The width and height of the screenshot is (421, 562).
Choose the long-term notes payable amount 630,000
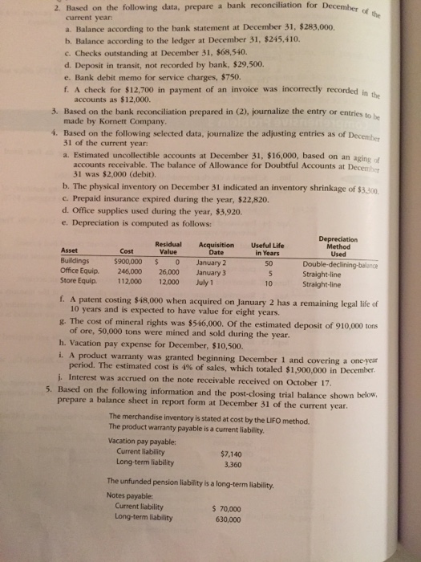[226, 519]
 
